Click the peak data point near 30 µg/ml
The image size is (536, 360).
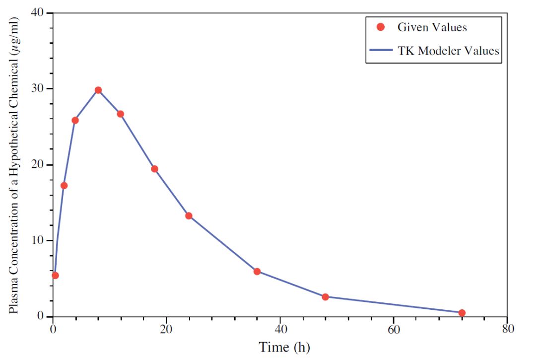(x=98, y=90)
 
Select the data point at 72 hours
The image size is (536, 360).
(x=462, y=313)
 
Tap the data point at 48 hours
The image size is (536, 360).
(x=326, y=297)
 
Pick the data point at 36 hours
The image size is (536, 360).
(x=257, y=272)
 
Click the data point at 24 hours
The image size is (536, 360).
(x=189, y=216)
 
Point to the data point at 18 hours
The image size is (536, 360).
(x=155, y=169)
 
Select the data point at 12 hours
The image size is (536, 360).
(x=121, y=114)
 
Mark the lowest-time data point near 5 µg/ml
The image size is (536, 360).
(x=56, y=276)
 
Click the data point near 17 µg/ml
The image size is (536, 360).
(x=64, y=186)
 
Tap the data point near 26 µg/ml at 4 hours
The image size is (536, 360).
(x=75, y=120)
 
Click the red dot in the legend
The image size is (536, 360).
(x=381, y=27)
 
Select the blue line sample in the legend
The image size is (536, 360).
(x=381, y=51)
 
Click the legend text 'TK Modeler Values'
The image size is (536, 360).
(x=448, y=51)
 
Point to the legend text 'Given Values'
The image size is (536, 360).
(x=432, y=27)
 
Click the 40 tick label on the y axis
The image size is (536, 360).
(x=38, y=12)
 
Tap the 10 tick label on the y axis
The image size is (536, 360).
(x=38, y=240)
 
